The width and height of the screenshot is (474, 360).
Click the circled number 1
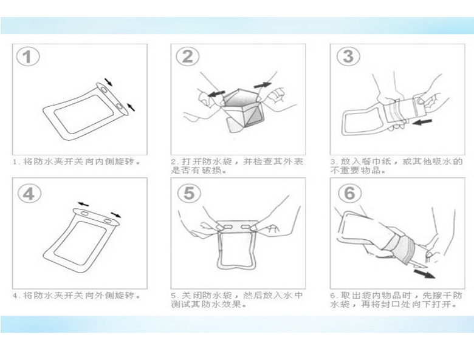click(x=28, y=57)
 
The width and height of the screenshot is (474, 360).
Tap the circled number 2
click(x=187, y=56)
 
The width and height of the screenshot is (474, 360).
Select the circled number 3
click(x=348, y=56)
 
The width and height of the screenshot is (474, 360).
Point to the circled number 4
click(x=29, y=193)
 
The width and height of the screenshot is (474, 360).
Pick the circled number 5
click(x=189, y=193)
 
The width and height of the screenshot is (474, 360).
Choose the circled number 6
click(x=350, y=193)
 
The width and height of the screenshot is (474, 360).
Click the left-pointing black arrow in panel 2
click(x=216, y=93)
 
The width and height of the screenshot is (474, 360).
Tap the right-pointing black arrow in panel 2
click(x=263, y=85)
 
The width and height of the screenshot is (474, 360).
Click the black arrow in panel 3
click(x=422, y=121)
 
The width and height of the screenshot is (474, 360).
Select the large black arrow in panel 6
click(x=424, y=274)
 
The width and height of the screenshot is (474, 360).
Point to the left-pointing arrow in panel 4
click(x=83, y=204)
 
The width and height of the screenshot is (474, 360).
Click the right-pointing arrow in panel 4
click(x=116, y=215)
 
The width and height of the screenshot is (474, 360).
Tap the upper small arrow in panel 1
click(x=109, y=82)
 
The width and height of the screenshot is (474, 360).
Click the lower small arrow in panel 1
click(x=131, y=107)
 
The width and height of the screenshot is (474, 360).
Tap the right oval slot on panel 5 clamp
click(x=247, y=226)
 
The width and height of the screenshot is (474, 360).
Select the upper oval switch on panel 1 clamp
click(x=103, y=90)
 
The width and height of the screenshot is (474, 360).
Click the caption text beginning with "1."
click(x=77, y=161)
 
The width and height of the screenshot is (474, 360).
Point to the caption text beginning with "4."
click(x=77, y=295)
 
